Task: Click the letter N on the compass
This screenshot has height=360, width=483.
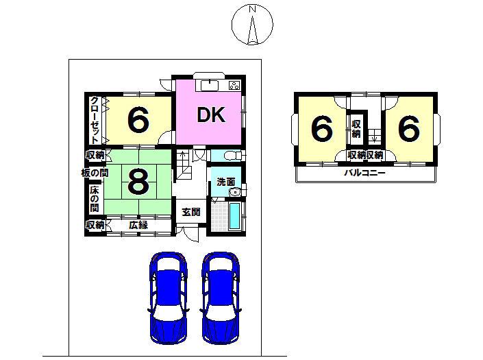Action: (x=252, y=9)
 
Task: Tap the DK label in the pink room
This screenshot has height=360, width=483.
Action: (x=212, y=115)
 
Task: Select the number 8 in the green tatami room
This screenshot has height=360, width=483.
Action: (x=138, y=182)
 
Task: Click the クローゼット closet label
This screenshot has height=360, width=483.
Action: (x=95, y=120)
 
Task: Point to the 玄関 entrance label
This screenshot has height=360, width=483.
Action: (x=190, y=213)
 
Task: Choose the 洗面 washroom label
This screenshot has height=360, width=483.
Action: (x=226, y=182)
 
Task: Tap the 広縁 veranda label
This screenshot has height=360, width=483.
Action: (x=138, y=225)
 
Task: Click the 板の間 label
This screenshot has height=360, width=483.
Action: (x=94, y=173)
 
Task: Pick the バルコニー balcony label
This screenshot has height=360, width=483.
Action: (x=364, y=173)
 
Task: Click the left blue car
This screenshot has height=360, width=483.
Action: (x=168, y=299)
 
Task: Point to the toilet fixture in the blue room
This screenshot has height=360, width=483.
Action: (x=230, y=154)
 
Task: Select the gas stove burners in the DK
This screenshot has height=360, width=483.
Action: (x=234, y=86)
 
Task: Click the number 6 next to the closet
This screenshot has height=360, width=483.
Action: (x=138, y=121)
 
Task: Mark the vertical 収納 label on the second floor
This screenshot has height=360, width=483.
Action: (x=357, y=128)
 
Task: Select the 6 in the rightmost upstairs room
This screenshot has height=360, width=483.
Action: (x=408, y=128)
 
